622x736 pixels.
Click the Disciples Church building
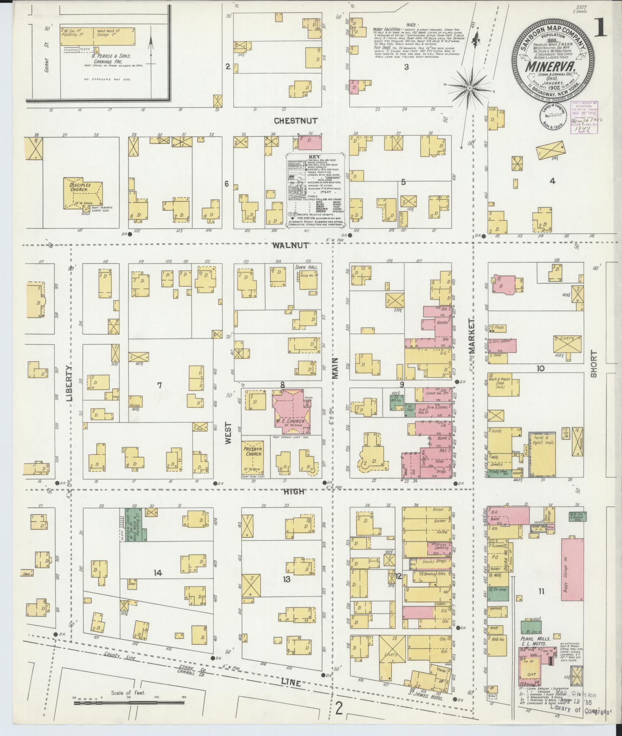(x=82, y=193)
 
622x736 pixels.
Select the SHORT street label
(x=593, y=364)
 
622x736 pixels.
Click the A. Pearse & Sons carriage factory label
(x=112, y=56)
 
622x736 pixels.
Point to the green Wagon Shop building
(x=137, y=524)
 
